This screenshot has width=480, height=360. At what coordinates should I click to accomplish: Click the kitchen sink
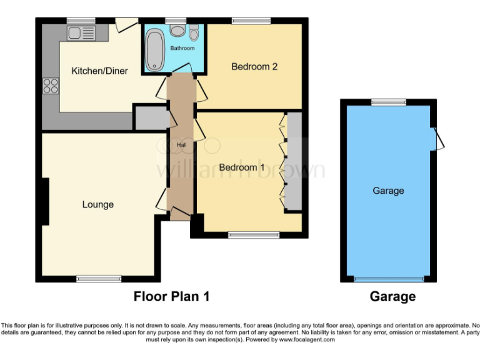tap(81, 32)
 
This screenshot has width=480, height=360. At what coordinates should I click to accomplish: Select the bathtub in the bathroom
tap(154, 50)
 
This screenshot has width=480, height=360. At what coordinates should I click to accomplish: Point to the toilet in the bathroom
tap(194, 33)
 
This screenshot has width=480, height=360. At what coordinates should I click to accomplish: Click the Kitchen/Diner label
tap(99, 71)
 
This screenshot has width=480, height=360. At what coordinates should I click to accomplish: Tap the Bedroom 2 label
tap(254, 66)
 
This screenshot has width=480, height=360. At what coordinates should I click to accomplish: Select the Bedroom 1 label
tap(242, 167)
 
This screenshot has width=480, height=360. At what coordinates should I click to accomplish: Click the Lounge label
tap(98, 204)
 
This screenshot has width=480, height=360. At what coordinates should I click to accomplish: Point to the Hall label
tap(181, 145)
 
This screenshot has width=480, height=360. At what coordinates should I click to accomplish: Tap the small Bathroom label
tap(184, 48)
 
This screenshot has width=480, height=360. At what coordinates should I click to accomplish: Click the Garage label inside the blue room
tap(388, 191)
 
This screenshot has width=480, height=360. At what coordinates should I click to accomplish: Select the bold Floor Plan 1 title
tap(171, 297)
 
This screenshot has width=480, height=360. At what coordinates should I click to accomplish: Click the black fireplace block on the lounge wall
tap(44, 201)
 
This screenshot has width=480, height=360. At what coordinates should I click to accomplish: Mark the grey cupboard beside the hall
tap(150, 118)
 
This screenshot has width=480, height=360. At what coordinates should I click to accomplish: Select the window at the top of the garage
tap(388, 101)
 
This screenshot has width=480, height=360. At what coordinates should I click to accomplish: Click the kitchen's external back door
tap(126, 24)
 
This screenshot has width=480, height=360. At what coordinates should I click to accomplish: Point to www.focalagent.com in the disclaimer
tap(307, 340)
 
